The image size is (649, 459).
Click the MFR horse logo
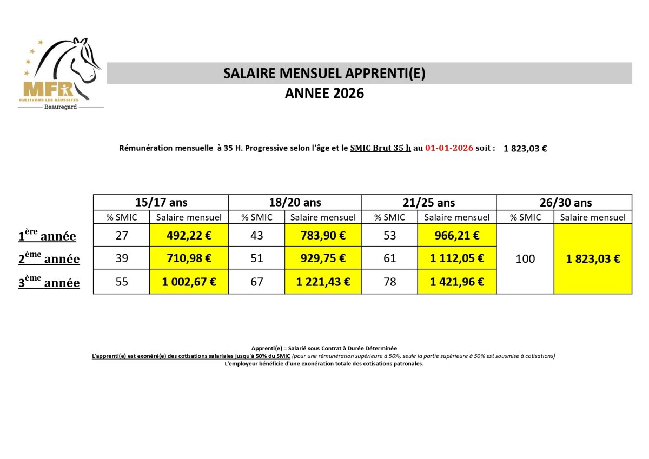click(61, 73)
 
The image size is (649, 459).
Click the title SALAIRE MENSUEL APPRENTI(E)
click(325, 74)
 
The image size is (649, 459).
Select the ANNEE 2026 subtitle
click(325, 94)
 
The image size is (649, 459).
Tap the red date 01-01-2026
click(449, 148)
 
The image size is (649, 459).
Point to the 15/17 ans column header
click(161, 203)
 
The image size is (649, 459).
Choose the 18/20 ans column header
click(295, 203)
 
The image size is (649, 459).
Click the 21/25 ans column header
click(429, 203)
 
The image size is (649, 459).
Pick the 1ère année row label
click(47, 236)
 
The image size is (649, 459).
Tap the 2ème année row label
click(49, 259)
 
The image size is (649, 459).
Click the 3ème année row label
click(49, 282)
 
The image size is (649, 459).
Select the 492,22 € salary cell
click(189, 235)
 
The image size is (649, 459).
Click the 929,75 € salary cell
click(323, 258)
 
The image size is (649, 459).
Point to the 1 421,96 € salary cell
click(457, 282)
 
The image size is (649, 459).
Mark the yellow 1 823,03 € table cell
click(593, 258)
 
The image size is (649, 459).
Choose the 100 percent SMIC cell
click(525, 258)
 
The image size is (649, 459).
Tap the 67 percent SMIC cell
click(256, 282)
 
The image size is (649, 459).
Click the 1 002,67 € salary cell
click(189, 282)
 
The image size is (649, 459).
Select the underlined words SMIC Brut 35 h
click(380, 148)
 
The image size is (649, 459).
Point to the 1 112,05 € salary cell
click(457, 258)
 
